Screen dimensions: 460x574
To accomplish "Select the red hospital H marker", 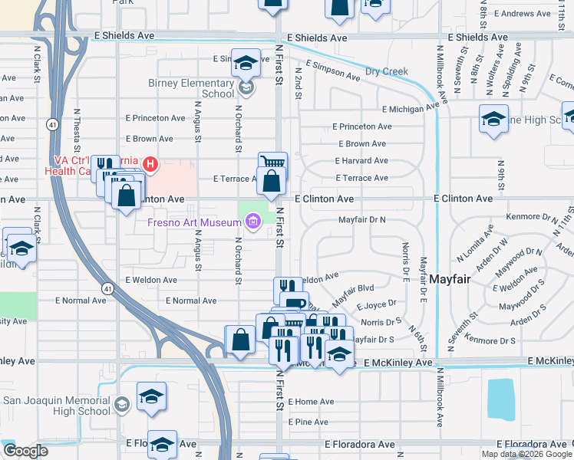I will (x=150, y=163).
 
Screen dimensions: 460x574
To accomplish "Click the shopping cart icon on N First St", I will (x=272, y=163).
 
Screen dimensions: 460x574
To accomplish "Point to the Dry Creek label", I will (x=386, y=71).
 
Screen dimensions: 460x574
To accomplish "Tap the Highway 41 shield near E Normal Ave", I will (x=108, y=288).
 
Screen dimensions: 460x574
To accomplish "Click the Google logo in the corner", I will (x=25, y=451).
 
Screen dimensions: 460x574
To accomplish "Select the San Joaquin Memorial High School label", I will (x=57, y=406).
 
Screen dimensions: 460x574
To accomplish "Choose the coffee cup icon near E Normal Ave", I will (x=295, y=303).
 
